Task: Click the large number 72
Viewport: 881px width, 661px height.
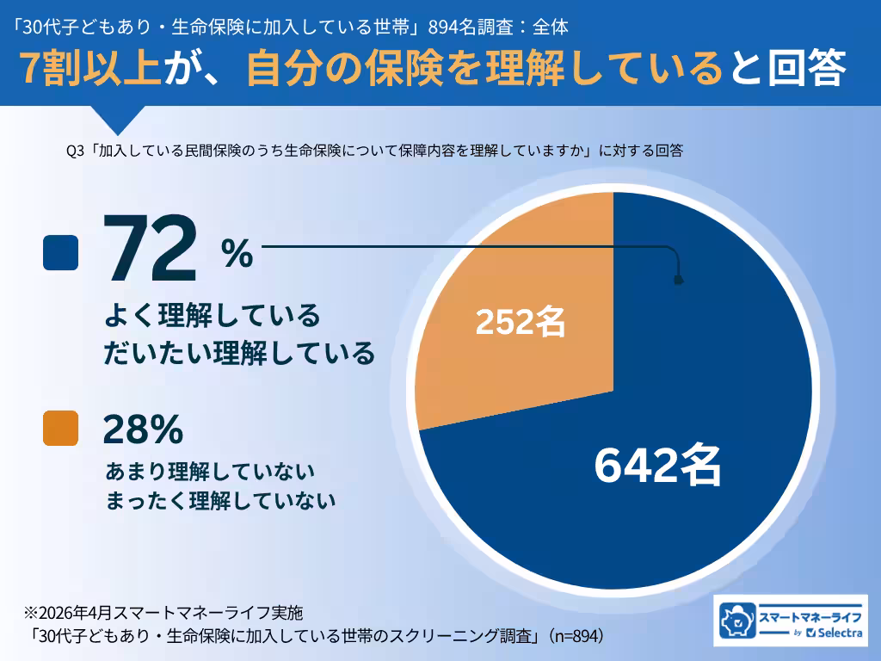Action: pyautogui.click(x=151, y=249)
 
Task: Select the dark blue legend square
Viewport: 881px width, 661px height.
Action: pyautogui.click(x=60, y=253)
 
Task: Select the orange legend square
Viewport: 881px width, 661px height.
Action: pyautogui.click(x=60, y=429)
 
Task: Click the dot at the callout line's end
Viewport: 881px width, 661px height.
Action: pyautogui.click(x=678, y=280)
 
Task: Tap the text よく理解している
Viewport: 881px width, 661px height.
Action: pyautogui.click(x=212, y=316)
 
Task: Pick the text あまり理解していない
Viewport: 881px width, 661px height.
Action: pyautogui.click(x=210, y=473)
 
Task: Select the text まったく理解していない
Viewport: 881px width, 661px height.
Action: pyautogui.click(x=220, y=501)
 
